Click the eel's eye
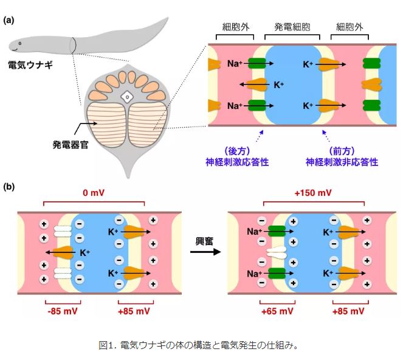pyautogui.click(x=20, y=43)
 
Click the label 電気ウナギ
pyautogui.click(x=30, y=64)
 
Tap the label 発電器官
pyautogui.click(x=71, y=145)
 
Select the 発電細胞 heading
pyautogui.click(x=292, y=27)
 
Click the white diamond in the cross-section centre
pyautogui.click(x=127, y=97)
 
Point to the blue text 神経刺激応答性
pyautogui.click(x=237, y=162)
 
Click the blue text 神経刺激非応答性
pyautogui.click(x=342, y=162)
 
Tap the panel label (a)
pyautogui.click(x=9, y=20)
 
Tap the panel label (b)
pyautogui.click(x=9, y=187)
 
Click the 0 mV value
pyautogui.click(x=94, y=193)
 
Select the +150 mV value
pyautogui.click(x=313, y=193)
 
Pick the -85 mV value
pyautogui.click(x=63, y=311)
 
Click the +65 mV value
pyautogui.click(x=277, y=311)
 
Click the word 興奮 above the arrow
pyautogui.click(x=204, y=241)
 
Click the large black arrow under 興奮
pyautogui.click(x=205, y=252)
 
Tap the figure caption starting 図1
pyautogui.click(x=198, y=345)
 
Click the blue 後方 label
pyautogui.click(x=237, y=151)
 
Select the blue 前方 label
pyautogui.click(x=342, y=151)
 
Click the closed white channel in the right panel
pyautogui.click(x=277, y=252)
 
